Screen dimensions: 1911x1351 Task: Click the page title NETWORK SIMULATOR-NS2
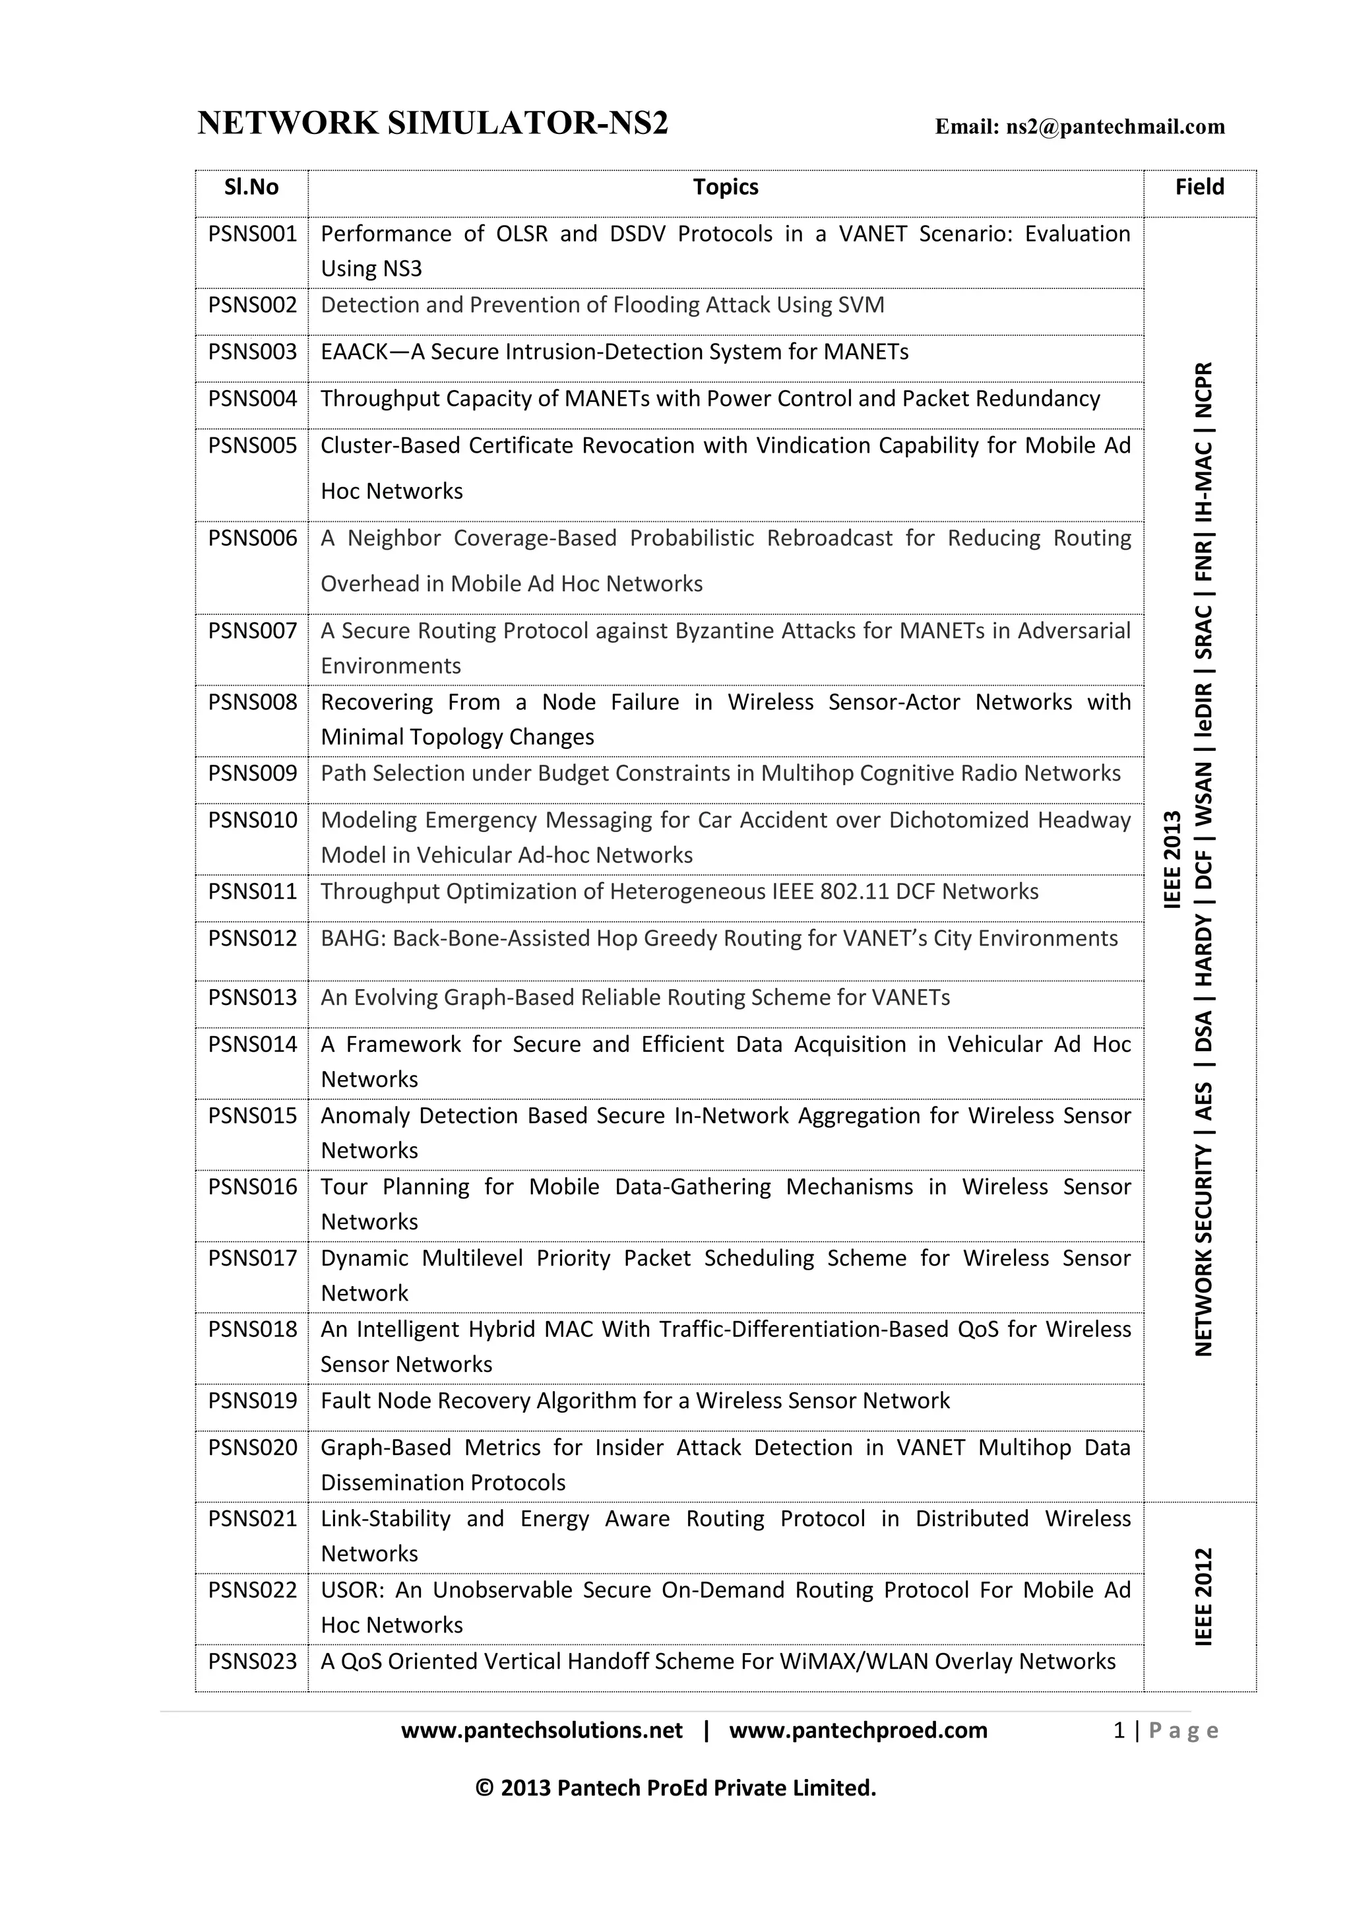point(433,124)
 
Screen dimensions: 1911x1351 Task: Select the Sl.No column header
point(251,187)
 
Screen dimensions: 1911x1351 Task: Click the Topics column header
point(726,187)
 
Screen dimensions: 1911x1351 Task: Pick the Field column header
point(1199,187)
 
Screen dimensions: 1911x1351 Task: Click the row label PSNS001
point(252,234)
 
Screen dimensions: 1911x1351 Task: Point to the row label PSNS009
point(252,773)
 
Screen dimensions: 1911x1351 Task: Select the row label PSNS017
point(252,1258)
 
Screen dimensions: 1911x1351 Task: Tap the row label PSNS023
point(252,1662)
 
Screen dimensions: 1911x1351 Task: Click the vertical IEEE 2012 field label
point(1204,1596)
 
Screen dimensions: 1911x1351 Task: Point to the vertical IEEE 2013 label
point(1172,859)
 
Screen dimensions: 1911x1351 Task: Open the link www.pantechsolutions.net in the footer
point(542,1730)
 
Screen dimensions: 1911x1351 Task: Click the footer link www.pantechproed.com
point(858,1730)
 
